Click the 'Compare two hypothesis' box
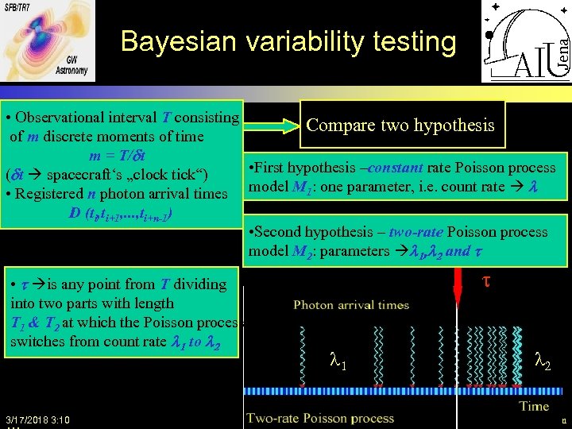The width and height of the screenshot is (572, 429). tap(400, 125)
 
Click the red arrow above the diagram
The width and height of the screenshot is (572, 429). tap(457, 285)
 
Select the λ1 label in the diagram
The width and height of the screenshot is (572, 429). tap(338, 363)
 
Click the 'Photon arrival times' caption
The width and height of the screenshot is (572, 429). tap(351, 304)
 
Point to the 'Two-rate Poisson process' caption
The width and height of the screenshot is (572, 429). tap(320, 418)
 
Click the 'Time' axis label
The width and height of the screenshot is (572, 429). tap(533, 405)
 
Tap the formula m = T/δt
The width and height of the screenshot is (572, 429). tap(127, 154)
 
